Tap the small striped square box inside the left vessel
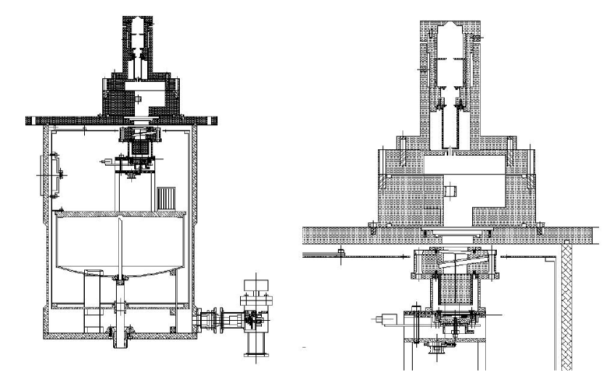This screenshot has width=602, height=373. click(x=166, y=197)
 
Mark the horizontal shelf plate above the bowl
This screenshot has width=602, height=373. click(x=120, y=214)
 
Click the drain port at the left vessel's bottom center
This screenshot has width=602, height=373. click(x=116, y=335)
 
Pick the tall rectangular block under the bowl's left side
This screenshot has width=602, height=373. click(x=92, y=290)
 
